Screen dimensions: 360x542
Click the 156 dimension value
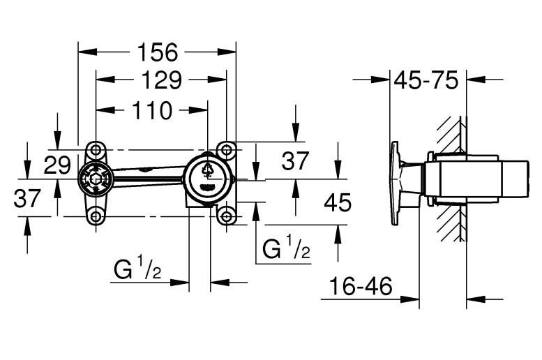[158, 52]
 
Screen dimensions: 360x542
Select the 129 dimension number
[160, 81]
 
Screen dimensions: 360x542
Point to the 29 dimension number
[58, 165]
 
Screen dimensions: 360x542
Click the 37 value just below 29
[28, 200]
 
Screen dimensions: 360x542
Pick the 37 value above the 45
[295, 161]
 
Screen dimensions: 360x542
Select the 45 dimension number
[338, 203]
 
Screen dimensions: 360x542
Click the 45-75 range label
[426, 80]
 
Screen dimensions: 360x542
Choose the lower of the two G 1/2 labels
[138, 269]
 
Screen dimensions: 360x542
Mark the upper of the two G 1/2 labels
[286, 248]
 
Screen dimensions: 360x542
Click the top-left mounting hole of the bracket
[96, 150]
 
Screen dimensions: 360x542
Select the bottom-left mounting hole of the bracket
[96, 216]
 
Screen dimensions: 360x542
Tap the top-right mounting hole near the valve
[225, 149]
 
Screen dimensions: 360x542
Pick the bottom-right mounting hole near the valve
[225, 216]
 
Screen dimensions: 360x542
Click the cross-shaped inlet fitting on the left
[96, 181]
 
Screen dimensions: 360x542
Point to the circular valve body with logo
[208, 179]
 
